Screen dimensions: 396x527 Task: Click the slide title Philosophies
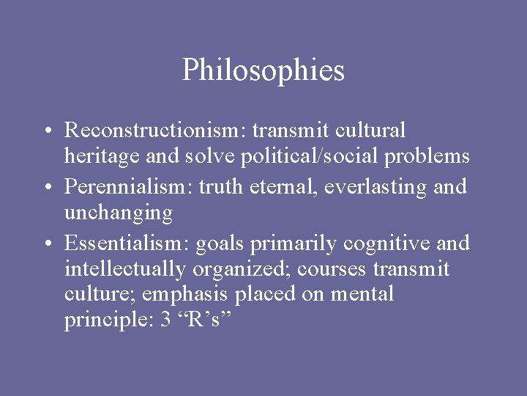pyautogui.click(x=263, y=70)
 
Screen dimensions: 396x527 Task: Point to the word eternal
pyautogui.click(x=285, y=187)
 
